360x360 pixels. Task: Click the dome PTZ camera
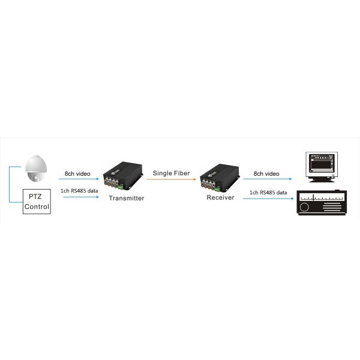(x=36, y=169)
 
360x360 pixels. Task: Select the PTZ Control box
(x=37, y=202)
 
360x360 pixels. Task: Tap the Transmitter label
(x=127, y=198)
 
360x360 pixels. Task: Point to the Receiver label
(x=220, y=197)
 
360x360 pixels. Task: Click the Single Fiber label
(x=171, y=173)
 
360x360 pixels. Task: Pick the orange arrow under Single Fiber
(x=171, y=179)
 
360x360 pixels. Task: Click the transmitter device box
(x=123, y=176)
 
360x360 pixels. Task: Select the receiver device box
(x=220, y=178)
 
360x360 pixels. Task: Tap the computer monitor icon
(x=322, y=167)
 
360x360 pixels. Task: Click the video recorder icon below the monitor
(x=322, y=203)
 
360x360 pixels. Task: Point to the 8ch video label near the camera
(x=77, y=173)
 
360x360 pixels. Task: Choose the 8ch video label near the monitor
(x=266, y=173)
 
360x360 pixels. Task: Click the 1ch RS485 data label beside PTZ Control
(x=79, y=191)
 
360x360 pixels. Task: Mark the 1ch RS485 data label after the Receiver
(x=268, y=193)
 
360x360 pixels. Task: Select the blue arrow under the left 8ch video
(x=79, y=179)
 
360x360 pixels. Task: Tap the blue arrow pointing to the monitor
(x=268, y=179)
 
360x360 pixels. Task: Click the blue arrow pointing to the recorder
(x=268, y=199)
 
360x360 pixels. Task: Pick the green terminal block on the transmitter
(x=121, y=187)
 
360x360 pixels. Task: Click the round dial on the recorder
(x=304, y=207)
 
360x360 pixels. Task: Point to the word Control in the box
(x=37, y=206)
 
